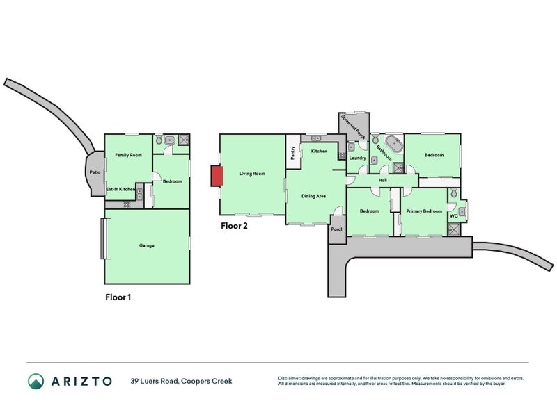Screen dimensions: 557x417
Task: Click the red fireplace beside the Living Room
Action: click(217, 176)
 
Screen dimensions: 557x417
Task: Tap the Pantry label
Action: click(293, 153)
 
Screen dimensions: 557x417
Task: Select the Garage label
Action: click(147, 245)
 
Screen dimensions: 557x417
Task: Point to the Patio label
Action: click(95, 172)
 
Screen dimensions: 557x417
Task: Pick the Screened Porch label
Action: click(353, 126)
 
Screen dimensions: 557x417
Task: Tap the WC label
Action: click(454, 215)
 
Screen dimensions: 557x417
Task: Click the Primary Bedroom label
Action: click(424, 211)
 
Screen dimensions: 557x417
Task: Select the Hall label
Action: click(382, 180)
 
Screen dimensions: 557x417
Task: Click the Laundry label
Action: click(357, 158)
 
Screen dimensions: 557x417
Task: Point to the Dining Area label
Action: click(313, 196)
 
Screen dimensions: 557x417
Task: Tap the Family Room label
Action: click(128, 155)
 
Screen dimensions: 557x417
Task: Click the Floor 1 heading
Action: click(118, 297)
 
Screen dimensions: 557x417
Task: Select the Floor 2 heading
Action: click(234, 226)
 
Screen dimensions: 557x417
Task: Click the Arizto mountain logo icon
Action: click(36, 381)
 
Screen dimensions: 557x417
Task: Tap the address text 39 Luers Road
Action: click(154, 381)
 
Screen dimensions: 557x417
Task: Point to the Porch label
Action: click(337, 229)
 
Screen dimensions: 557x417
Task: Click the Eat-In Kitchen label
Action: click(120, 189)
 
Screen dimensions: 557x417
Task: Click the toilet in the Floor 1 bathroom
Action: click(159, 140)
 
